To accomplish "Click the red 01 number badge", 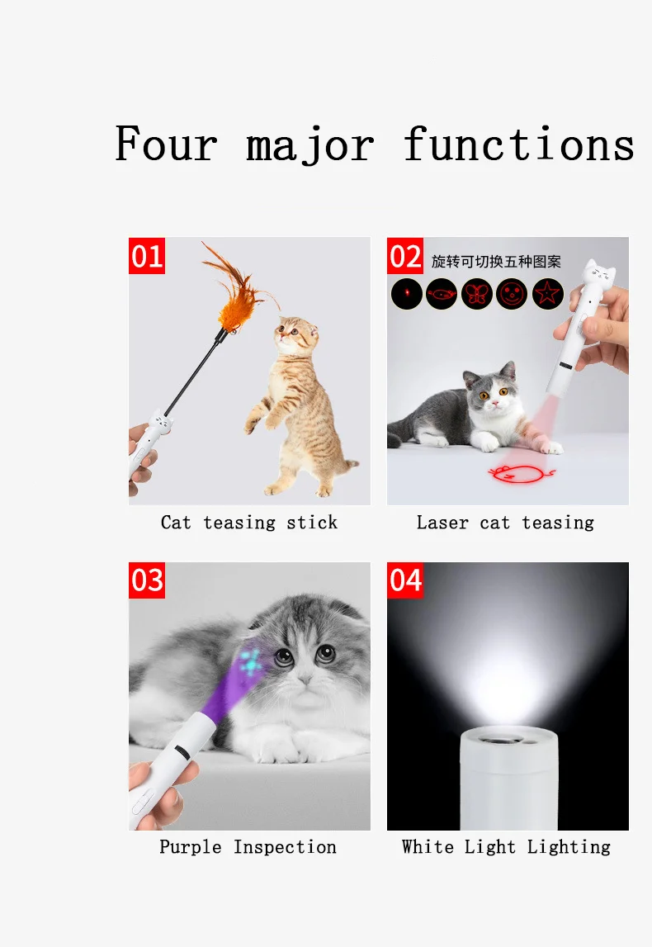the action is point(147,256).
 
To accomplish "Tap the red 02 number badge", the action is point(405,256).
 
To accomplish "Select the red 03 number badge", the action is point(147,580).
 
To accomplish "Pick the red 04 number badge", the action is point(405,580).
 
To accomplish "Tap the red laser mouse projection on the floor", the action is point(520,472).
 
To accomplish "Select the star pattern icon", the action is point(547,294).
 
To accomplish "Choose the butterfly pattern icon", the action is point(477,294).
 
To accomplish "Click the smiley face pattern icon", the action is point(512,294).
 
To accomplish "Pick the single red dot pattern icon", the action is point(407,294).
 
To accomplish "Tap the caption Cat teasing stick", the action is point(248,523).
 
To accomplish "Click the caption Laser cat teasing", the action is point(505,523).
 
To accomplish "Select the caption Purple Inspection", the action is point(248,847).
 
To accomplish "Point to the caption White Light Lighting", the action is point(506,847).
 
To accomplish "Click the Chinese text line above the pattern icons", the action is point(496,262).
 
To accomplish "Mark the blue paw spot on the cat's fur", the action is point(251,661).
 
